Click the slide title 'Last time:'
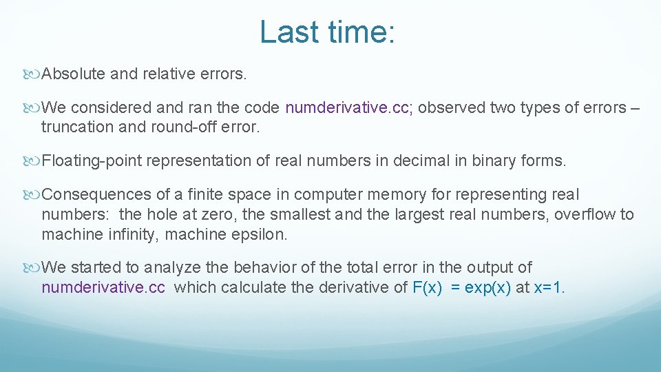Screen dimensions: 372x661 point(328,32)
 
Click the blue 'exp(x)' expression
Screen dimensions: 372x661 point(488,287)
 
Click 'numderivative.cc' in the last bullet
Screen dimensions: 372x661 point(103,287)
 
